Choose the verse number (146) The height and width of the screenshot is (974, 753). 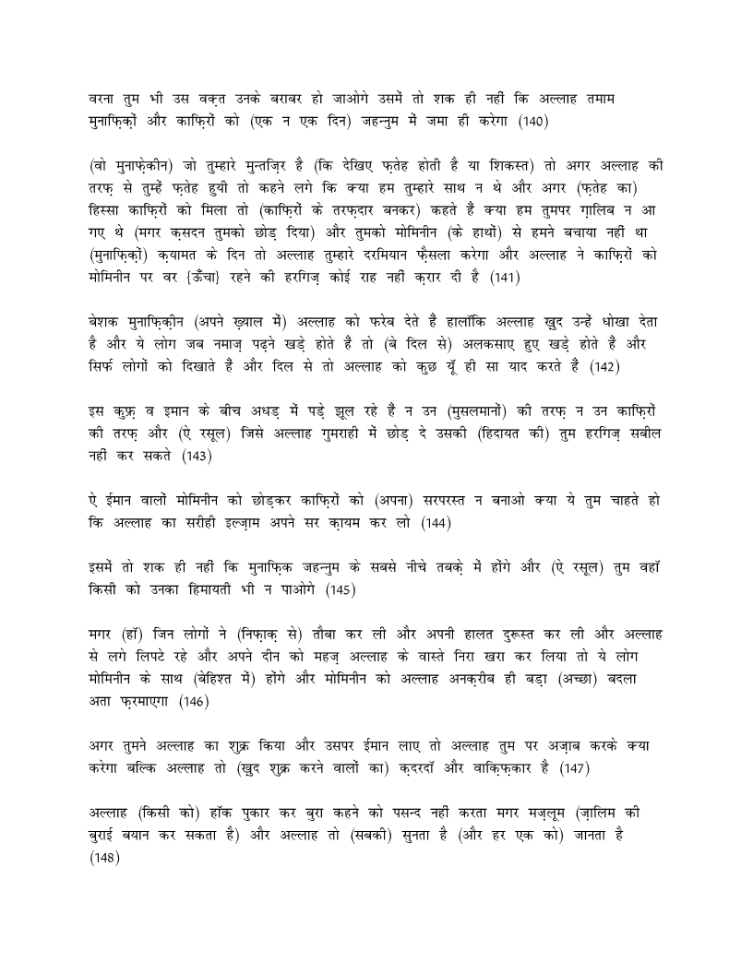coord(195,701)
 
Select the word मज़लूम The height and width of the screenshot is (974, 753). coord(518,813)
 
